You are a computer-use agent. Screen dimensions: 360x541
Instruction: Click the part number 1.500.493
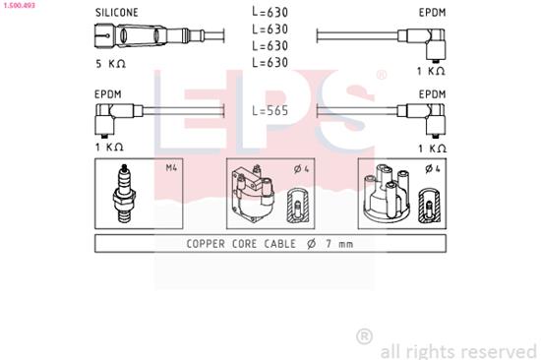(21, 5)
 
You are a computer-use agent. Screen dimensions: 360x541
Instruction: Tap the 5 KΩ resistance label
(111, 64)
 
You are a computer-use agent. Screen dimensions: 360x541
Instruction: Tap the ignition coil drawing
(251, 197)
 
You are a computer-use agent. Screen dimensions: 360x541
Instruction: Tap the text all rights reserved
(456, 350)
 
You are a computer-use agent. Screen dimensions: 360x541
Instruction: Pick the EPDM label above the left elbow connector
(108, 95)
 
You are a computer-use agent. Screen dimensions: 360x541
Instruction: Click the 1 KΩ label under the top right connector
(431, 71)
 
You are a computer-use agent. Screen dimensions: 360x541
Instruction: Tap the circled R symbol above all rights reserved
(364, 336)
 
